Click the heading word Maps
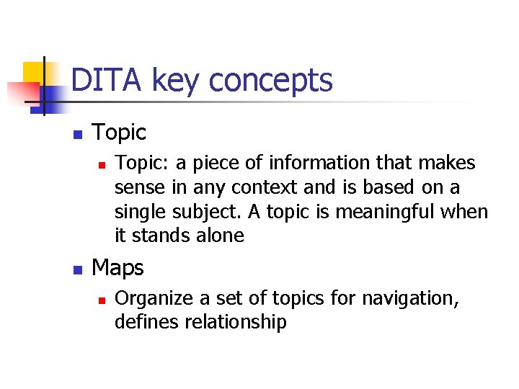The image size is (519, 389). [118, 268]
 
